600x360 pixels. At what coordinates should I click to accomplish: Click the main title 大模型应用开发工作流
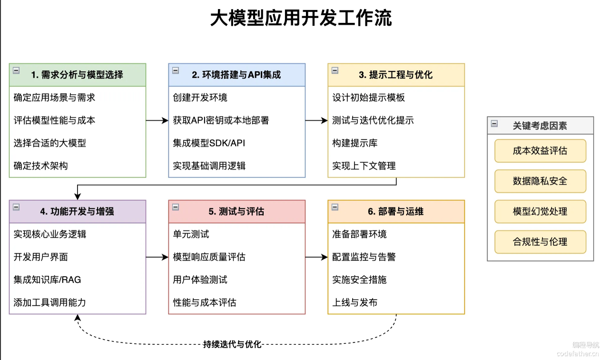click(301, 18)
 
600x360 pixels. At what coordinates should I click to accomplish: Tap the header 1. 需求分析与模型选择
click(77, 75)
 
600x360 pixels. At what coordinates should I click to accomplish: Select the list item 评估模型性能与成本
click(54, 120)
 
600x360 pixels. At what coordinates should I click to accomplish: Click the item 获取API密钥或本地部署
click(221, 120)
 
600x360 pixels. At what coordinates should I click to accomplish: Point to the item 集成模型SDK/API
click(209, 143)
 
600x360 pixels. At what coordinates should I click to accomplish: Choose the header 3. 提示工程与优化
click(395, 75)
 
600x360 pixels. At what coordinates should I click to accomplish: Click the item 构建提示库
click(355, 143)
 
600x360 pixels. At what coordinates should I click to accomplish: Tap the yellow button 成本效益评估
click(540, 151)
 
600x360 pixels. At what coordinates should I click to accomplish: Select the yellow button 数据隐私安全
click(540, 181)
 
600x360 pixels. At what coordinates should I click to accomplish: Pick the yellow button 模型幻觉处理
click(540, 212)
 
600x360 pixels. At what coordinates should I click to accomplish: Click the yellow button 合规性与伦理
click(540, 242)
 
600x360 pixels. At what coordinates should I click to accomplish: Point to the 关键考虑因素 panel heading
click(540, 126)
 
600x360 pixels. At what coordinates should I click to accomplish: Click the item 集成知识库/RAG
click(47, 280)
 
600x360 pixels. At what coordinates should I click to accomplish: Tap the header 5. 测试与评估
click(236, 212)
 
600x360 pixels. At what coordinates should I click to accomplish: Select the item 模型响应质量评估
click(209, 257)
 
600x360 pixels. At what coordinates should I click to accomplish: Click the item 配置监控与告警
click(364, 257)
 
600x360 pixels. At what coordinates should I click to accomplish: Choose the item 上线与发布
click(355, 302)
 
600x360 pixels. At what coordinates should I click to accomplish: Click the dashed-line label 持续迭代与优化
click(232, 344)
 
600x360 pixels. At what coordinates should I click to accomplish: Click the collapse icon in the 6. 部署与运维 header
click(335, 207)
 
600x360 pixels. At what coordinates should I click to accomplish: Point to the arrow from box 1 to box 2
click(157, 120)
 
